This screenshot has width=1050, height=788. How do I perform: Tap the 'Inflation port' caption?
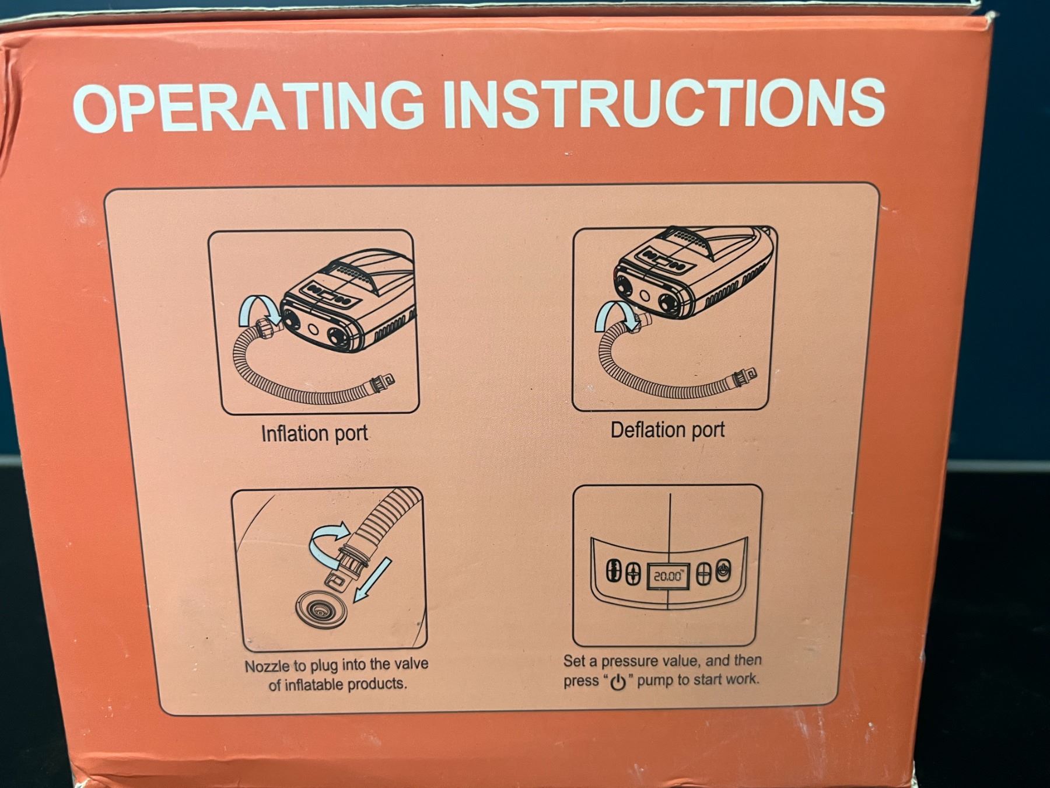[x=314, y=434]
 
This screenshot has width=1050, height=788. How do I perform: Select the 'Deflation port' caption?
[x=667, y=430]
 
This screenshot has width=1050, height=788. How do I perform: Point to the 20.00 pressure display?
[x=668, y=576]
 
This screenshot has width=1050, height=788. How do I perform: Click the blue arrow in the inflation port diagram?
[x=259, y=309]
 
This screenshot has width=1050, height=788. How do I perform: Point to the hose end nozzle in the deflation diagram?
[x=740, y=375]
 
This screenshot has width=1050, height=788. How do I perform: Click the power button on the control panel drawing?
[x=723, y=571]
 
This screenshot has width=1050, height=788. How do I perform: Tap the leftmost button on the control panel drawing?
[x=612, y=571]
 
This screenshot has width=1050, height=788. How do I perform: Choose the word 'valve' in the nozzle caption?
[x=409, y=664]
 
